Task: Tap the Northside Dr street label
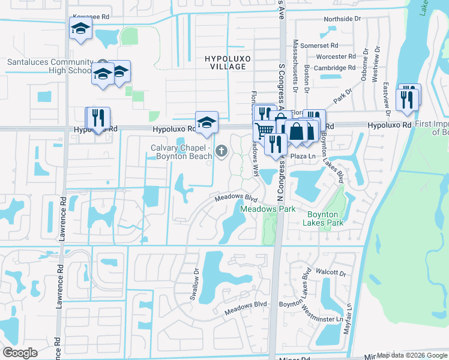click(342, 19)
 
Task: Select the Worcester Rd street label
click(331, 56)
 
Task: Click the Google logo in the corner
click(20, 352)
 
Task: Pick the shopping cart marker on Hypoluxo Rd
click(264, 130)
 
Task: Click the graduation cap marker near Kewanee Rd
click(80, 29)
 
